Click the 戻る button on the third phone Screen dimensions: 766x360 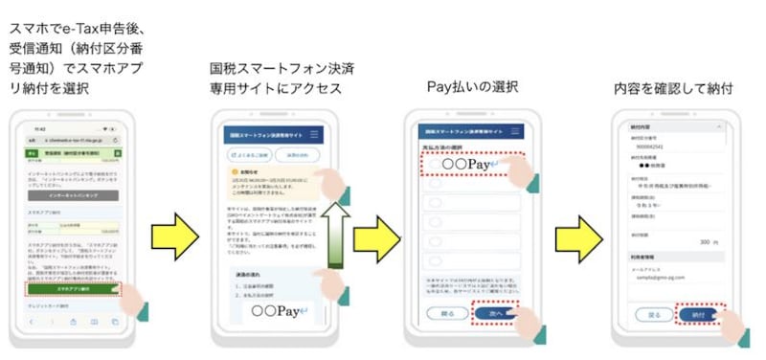(x=447, y=313)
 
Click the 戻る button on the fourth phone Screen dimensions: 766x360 (x=655, y=313)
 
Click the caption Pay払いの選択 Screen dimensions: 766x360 (x=471, y=87)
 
